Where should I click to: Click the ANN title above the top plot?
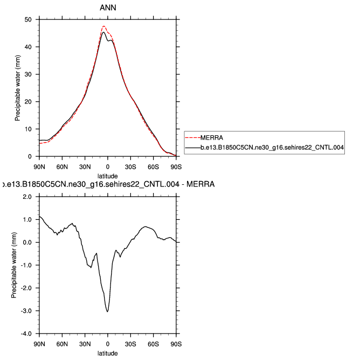108,9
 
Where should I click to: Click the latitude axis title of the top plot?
108,175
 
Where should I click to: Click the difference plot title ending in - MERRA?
108,184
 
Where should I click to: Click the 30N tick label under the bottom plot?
85,343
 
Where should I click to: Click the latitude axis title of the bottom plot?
108,353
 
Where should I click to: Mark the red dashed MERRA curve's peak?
103,26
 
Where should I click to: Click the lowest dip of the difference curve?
108,311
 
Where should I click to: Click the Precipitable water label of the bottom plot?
14,265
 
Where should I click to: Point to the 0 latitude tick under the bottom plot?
108,343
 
